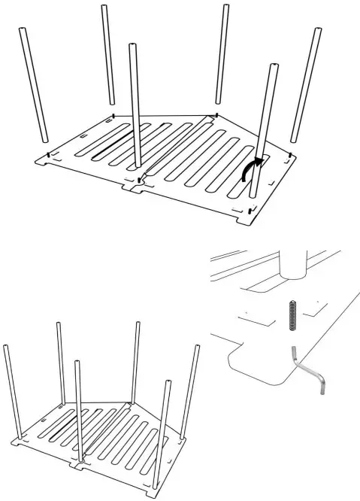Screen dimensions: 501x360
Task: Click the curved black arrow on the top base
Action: (x=253, y=169)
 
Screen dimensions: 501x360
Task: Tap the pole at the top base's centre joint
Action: (x=135, y=105)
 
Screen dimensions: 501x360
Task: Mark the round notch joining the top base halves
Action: (x=140, y=181)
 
